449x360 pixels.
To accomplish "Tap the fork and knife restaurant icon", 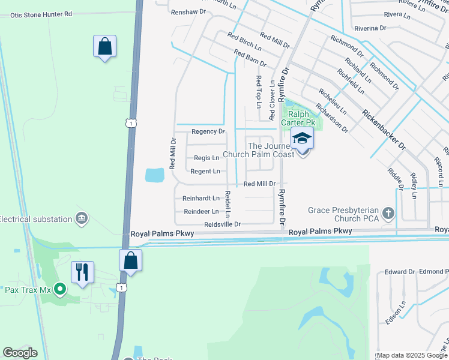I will click(82, 271).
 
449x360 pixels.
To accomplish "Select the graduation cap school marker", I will click(303, 139).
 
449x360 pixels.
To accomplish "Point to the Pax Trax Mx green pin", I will click(59, 290).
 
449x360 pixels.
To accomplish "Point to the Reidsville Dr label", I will click(222, 224).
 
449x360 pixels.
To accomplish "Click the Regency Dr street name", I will click(208, 131).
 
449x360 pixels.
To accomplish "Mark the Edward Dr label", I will click(400, 272).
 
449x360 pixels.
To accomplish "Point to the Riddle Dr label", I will click(394, 178).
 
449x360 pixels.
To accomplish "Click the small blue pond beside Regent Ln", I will click(154, 175).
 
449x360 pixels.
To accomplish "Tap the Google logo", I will click(20, 353).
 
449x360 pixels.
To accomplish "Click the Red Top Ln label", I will click(259, 91).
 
